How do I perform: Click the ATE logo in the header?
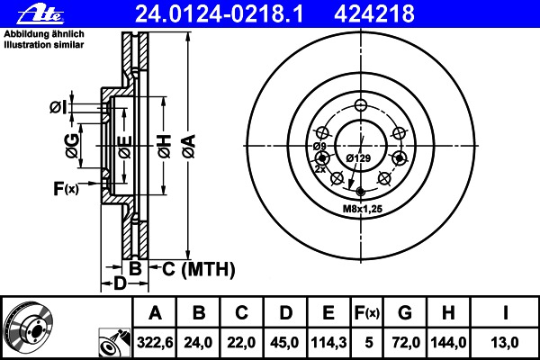point(41,14)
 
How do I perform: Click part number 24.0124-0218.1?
point(220,14)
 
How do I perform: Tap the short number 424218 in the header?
point(374,14)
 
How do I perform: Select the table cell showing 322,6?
point(155,343)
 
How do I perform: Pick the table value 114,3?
point(328,343)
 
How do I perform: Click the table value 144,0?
point(448,343)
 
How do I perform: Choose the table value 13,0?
point(505,343)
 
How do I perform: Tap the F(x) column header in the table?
point(367,313)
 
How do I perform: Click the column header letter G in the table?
point(405,313)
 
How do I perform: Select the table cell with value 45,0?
point(284,343)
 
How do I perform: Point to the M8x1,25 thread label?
point(363,209)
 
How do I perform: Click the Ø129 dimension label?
point(358,158)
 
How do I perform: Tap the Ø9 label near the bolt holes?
point(319,147)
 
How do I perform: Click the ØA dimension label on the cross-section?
point(189,147)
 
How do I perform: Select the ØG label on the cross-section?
point(72,146)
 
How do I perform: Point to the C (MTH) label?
point(199,269)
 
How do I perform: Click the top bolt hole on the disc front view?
point(361,105)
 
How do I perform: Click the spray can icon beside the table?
point(114,343)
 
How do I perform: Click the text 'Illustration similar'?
point(44,45)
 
